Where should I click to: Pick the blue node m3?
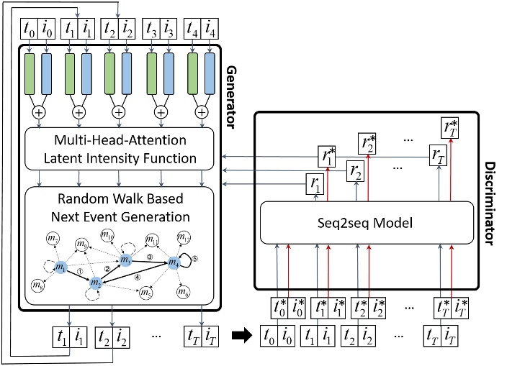click(127, 260)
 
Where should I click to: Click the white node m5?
click(147, 292)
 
